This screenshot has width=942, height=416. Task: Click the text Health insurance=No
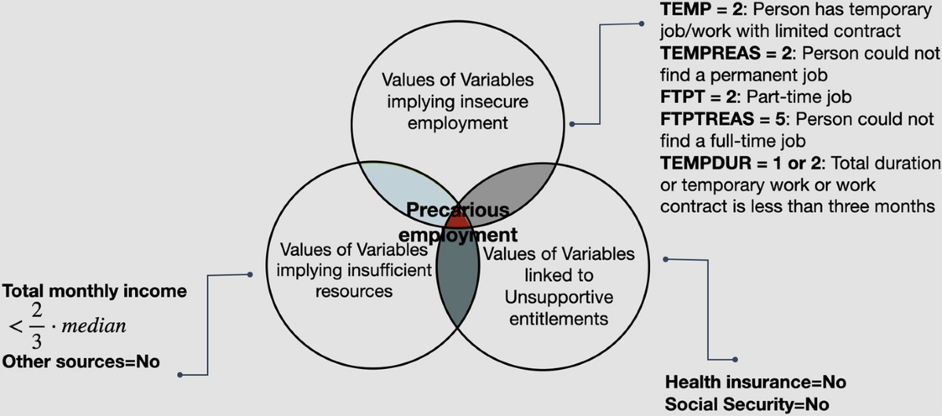[755, 382]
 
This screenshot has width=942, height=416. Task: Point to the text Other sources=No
[81, 362]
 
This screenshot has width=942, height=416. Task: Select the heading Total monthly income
[95, 291]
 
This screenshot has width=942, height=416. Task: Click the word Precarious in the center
[457, 210]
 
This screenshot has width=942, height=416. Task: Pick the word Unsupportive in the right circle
[558, 297]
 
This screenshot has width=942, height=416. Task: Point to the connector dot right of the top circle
[574, 124]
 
